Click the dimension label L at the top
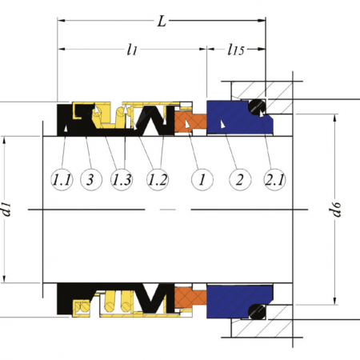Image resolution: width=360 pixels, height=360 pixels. (x=162, y=21)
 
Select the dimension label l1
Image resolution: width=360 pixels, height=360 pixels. (x=132, y=50)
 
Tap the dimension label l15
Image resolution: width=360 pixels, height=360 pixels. (x=236, y=50)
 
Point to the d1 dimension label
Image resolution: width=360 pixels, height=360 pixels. (x=6, y=209)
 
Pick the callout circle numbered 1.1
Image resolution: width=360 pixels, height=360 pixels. (x=62, y=180)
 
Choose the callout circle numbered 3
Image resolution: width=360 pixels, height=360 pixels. (x=91, y=180)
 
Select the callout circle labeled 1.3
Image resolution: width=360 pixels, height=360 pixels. (x=122, y=180)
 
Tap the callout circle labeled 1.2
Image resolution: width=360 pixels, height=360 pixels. (x=158, y=180)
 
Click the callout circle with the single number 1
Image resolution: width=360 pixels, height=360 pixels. (x=202, y=180)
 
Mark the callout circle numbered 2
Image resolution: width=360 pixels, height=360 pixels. (x=240, y=180)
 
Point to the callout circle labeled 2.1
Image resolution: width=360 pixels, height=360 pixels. (x=274, y=180)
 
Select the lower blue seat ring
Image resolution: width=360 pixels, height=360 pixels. (x=234, y=300)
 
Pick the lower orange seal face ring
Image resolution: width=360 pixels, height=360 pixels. (x=190, y=298)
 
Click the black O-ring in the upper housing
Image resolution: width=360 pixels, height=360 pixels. (x=256, y=107)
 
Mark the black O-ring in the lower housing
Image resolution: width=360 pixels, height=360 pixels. (x=257, y=312)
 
